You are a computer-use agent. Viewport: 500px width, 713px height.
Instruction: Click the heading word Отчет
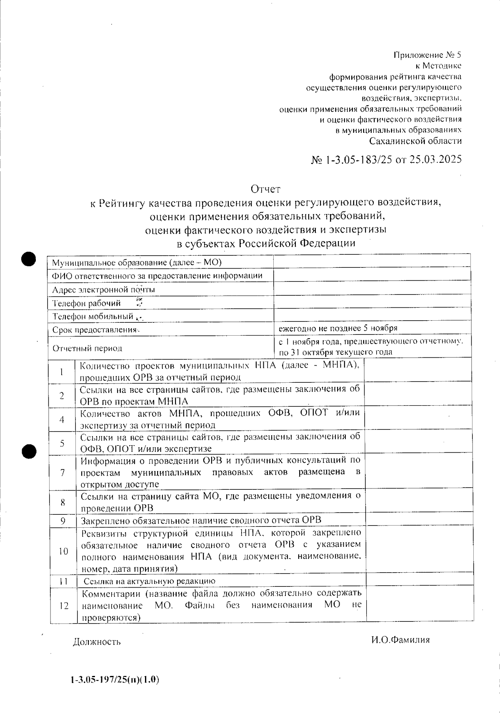[x=265, y=189]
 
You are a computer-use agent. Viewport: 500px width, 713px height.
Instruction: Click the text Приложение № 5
[x=427, y=55]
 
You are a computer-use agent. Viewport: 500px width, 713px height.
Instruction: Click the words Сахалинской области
[x=416, y=141]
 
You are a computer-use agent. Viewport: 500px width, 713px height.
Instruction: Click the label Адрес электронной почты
[x=104, y=289]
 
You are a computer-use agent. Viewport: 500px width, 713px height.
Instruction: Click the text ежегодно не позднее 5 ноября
[x=338, y=328]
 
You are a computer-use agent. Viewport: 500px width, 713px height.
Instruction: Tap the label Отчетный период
[x=87, y=348]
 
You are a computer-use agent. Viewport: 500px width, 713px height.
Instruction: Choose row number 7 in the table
[x=62, y=473]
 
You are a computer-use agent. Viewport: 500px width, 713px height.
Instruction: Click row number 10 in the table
[x=63, y=551]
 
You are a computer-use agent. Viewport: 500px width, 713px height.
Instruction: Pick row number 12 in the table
[x=63, y=606]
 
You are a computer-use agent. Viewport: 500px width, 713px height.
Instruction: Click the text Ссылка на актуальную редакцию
[x=150, y=581]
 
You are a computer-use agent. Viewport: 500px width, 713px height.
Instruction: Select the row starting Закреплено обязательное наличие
[x=201, y=521]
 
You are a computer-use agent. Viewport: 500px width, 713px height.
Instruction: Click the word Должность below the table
[x=97, y=642]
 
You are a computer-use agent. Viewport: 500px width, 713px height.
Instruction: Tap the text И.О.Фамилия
[x=400, y=640]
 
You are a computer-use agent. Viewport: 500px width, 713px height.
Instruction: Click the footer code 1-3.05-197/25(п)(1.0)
[x=115, y=680]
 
